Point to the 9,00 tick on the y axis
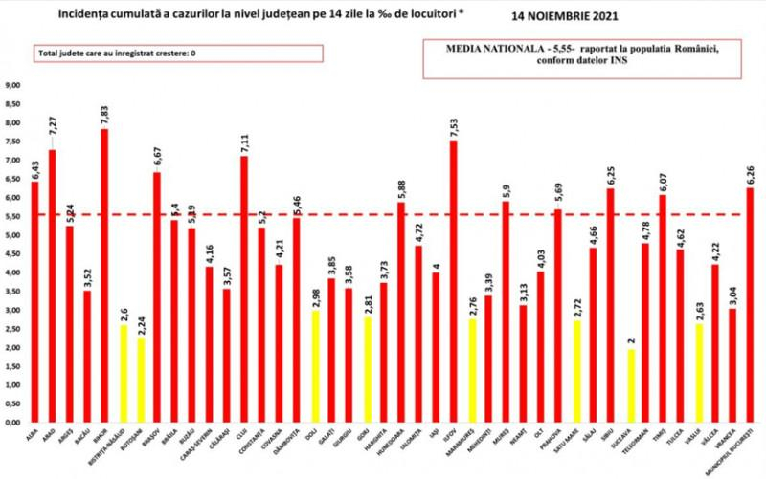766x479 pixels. (x=13, y=85)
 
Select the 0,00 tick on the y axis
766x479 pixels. (x=13, y=422)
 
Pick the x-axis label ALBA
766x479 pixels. (x=34, y=442)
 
